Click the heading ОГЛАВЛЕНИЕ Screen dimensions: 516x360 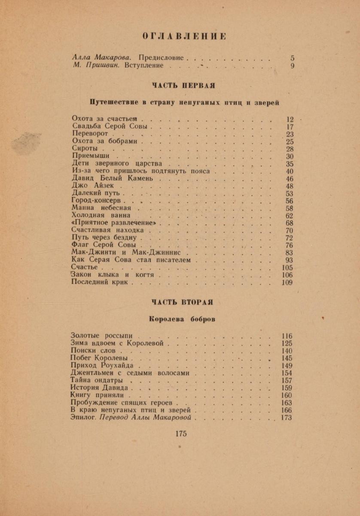coord(184,36)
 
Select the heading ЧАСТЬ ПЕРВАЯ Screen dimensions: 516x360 coord(183,85)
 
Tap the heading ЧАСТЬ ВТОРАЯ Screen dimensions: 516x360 coord(182,302)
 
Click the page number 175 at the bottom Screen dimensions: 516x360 coord(181,434)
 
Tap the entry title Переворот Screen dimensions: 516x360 coord(90,134)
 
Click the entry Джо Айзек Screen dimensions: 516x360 coord(93,186)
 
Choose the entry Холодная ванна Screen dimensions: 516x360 coord(101,216)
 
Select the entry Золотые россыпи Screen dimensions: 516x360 coord(101,336)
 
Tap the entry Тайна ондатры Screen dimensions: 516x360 coord(97,381)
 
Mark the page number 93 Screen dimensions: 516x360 coord(289,260)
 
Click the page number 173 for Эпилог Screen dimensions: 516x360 coord(286,418)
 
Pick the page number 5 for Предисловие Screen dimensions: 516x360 coord(292,58)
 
